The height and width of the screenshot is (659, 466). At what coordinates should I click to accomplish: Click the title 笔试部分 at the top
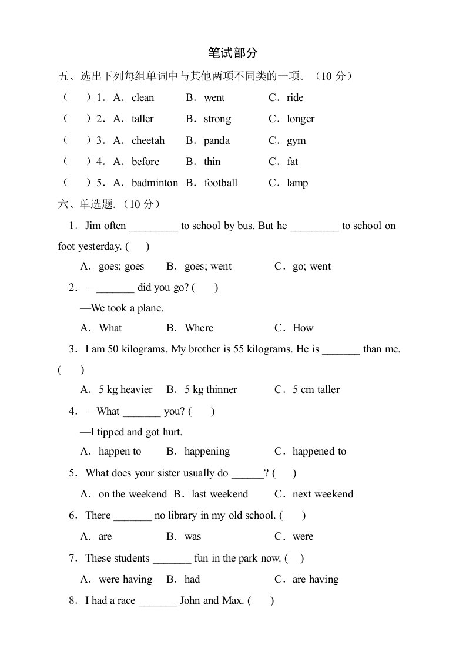pyautogui.click(x=233, y=53)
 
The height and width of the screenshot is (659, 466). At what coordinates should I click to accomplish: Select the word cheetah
pyautogui.click(x=148, y=140)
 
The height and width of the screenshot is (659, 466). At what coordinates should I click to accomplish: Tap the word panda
pyautogui.click(x=217, y=140)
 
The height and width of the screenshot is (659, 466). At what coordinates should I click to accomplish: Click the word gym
pyautogui.click(x=296, y=140)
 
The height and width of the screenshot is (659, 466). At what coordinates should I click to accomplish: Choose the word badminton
pyautogui.click(x=155, y=183)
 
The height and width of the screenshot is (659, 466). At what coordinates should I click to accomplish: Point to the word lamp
pyautogui.click(x=297, y=183)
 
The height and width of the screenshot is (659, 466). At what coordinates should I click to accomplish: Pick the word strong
pyautogui.click(x=217, y=119)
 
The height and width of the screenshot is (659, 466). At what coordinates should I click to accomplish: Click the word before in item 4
pyautogui.click(x=145, y=162)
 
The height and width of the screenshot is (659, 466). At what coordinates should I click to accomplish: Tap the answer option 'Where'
pyautogui.click(x=199, y=328)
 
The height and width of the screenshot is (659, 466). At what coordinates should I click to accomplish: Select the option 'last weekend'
pyautogui.click(x=220, y=494)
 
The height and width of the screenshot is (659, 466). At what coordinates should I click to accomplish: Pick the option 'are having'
pyautogui.click(x=316, y=579)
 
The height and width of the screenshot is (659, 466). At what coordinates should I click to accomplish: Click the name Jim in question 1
pyautogui.click(x=93, y=226)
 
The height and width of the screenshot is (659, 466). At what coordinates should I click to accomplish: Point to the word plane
pyautogui.click(x=151, y=308)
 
